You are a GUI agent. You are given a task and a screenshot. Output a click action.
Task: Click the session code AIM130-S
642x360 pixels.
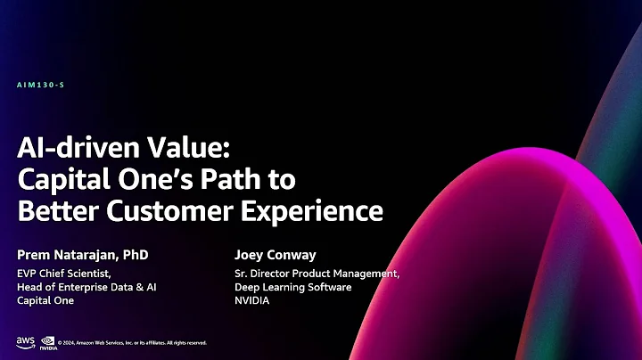click(x=40, y=85)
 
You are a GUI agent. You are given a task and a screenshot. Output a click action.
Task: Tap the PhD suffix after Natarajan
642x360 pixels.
click(x=134, y=256)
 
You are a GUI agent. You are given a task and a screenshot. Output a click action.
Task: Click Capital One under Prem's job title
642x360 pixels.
click(x=45, y=300)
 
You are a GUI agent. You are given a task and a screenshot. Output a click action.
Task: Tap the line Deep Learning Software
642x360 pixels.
click(x=292, y=287)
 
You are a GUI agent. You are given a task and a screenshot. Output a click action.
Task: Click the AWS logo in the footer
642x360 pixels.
click(x=24, y=341)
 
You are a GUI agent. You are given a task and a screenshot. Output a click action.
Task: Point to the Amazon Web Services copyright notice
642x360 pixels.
click(x=132, y=343)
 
